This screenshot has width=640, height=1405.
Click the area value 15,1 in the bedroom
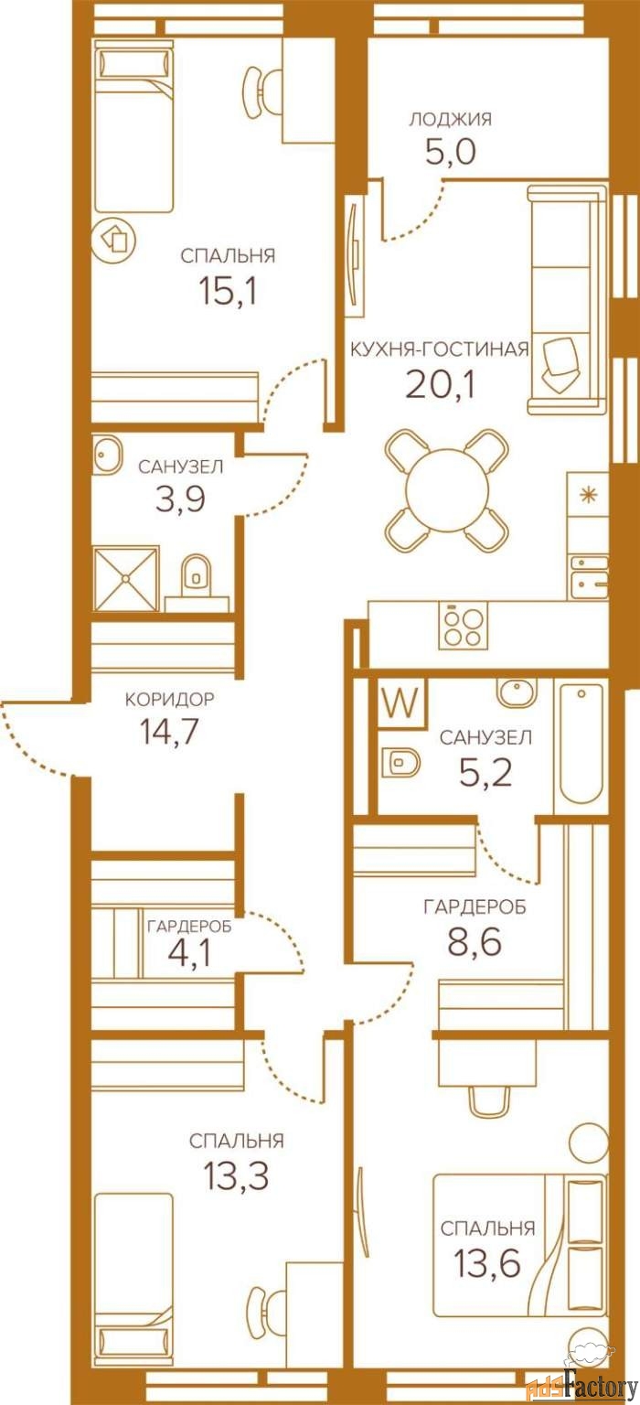tap(228, 290)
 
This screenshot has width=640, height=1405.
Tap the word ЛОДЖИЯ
tap(450, 119)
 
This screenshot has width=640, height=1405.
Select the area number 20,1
tap(440, 384)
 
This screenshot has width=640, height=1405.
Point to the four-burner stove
tap(464, 626)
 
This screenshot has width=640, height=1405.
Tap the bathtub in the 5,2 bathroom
tap(581, 745)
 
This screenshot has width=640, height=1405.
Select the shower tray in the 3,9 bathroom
tap(125, 578)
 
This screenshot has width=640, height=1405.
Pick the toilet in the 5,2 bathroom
tap(400, 761)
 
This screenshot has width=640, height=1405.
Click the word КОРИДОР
tap(170, 699)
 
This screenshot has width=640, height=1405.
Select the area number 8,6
tap(475, 941)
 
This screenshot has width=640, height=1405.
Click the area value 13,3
tap(236, 1175)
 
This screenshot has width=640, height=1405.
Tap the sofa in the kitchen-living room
tap(567, 300)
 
